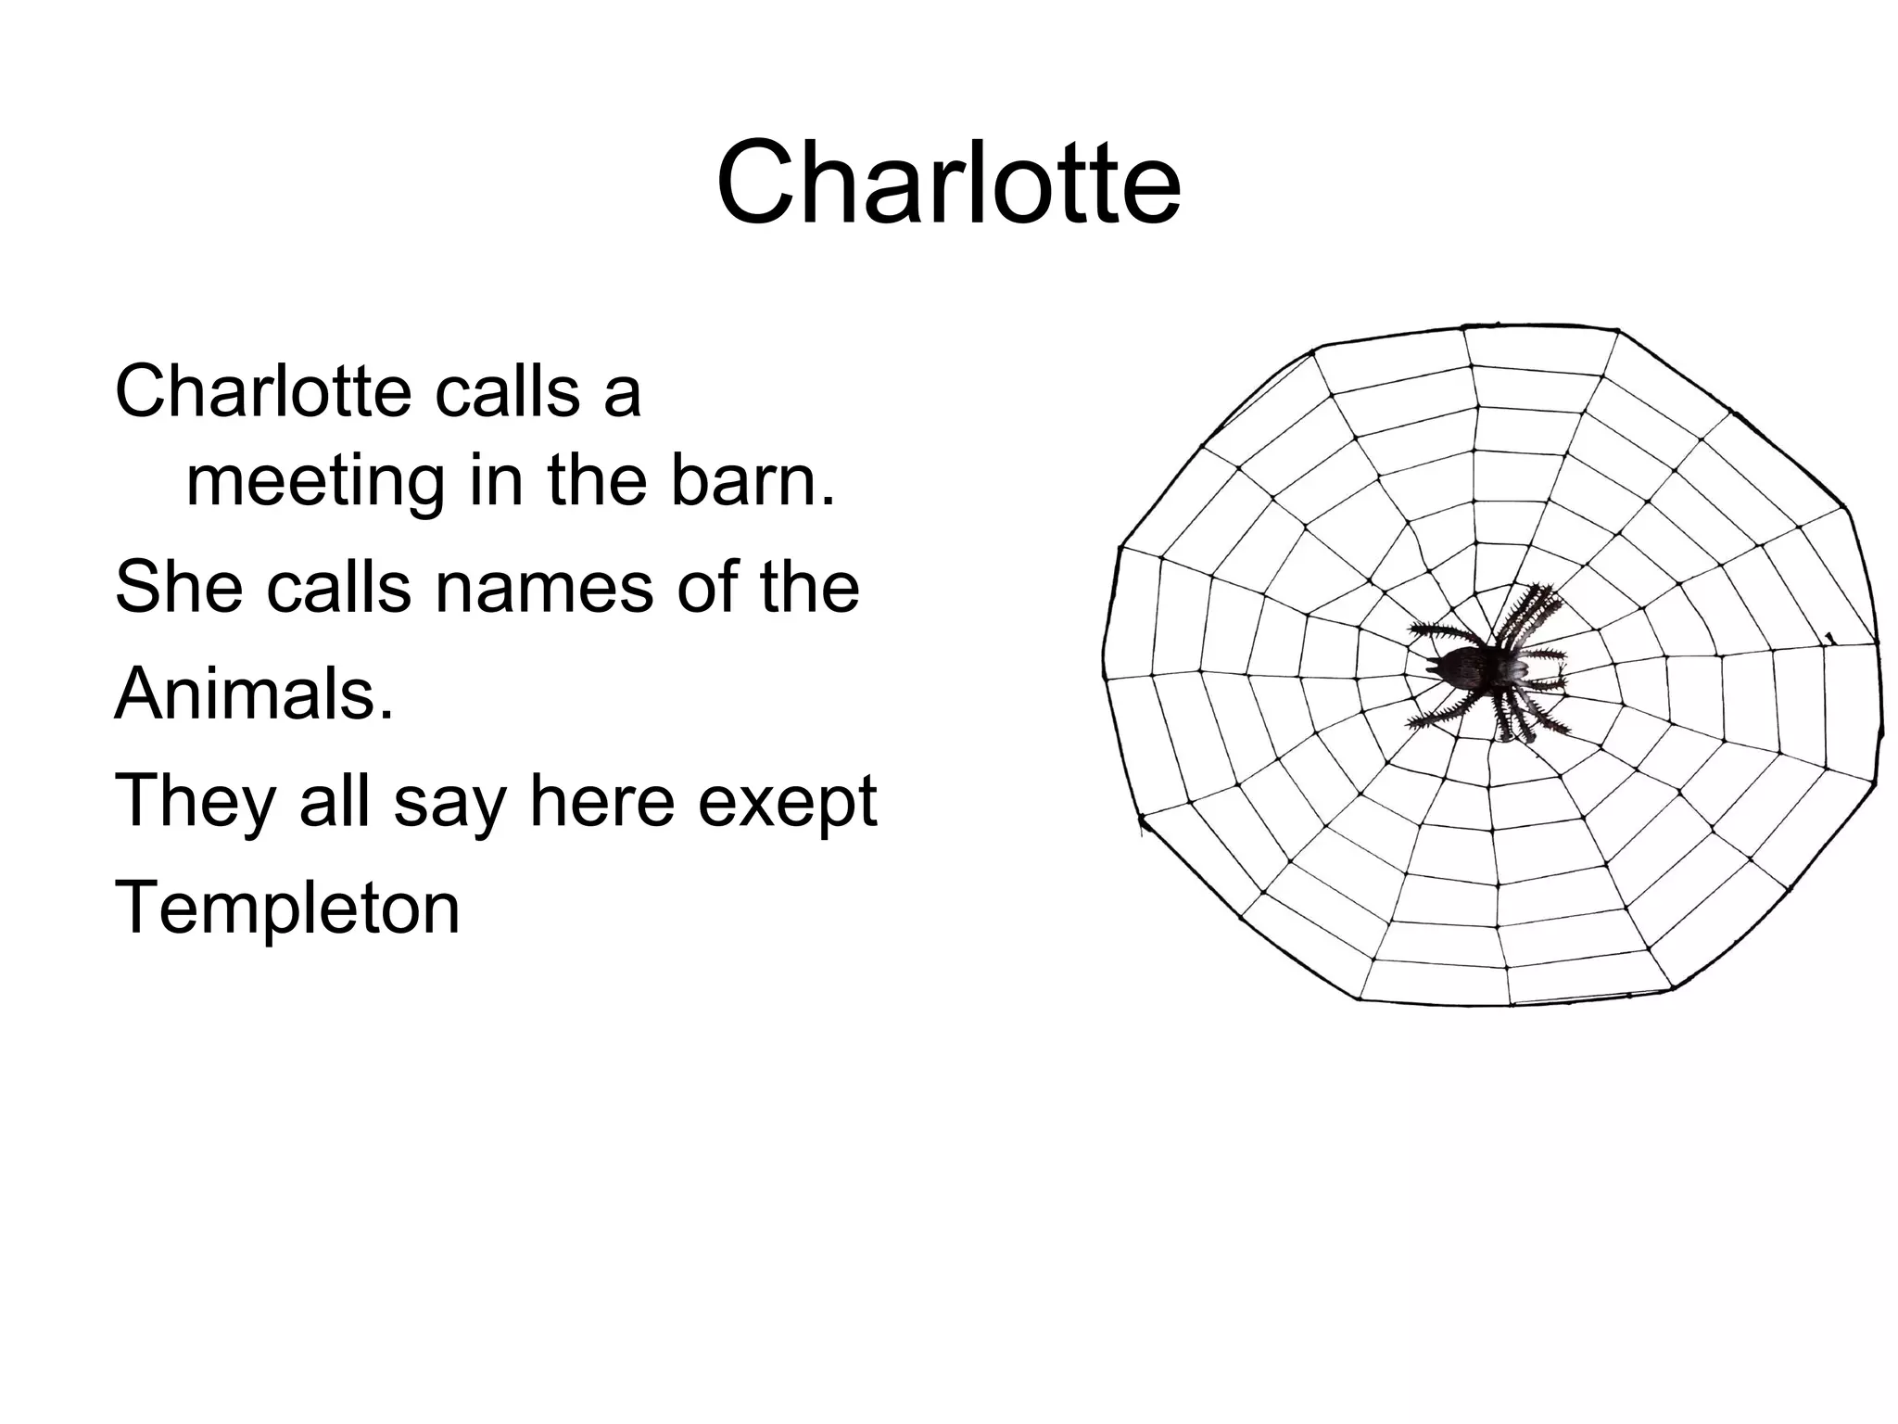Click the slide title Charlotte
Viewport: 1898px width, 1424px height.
[948, 183]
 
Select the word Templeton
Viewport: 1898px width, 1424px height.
[287, 909]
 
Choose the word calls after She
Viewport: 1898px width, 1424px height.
[339, 587]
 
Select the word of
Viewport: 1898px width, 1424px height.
[707, 587]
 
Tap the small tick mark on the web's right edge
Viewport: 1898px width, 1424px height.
[1829, 637]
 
